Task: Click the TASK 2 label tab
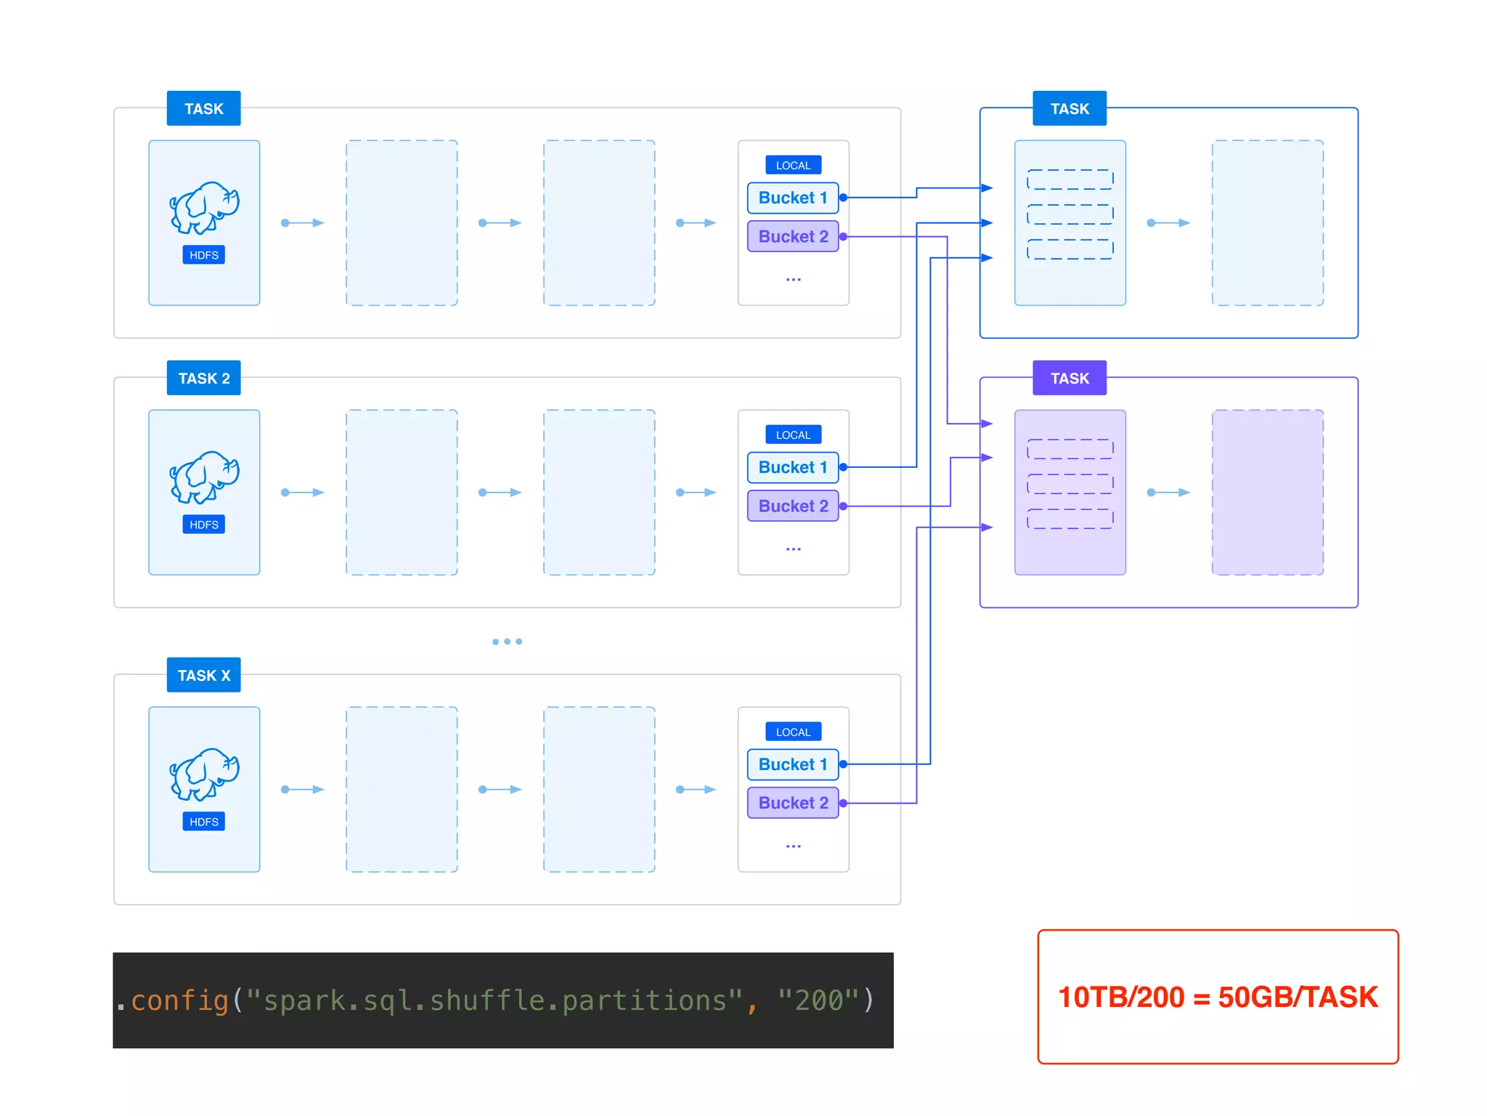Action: (203, 378)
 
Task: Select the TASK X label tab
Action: (203, 675)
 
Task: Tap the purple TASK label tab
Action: (1070, 378)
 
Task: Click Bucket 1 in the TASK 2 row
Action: (793, 467)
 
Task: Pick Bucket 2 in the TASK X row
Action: (793, 803)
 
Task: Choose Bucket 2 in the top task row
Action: (793, 236)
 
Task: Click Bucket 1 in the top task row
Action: (793, 198)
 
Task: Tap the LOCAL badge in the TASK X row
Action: (793, 732)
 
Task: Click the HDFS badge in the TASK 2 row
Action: (204, 525)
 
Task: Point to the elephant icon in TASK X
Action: (204, 774)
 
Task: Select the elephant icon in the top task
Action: (204, 207)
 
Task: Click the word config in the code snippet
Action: (179, 1000)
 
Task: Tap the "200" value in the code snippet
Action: (818, 1000)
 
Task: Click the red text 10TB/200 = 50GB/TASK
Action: (1218, 997)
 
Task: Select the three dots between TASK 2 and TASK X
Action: (507, 642)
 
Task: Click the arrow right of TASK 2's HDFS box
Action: (303, 493)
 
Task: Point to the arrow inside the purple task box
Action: (1168, 493)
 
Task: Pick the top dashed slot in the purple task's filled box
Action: (1070, 449)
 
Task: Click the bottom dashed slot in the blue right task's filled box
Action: (1070, 249)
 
